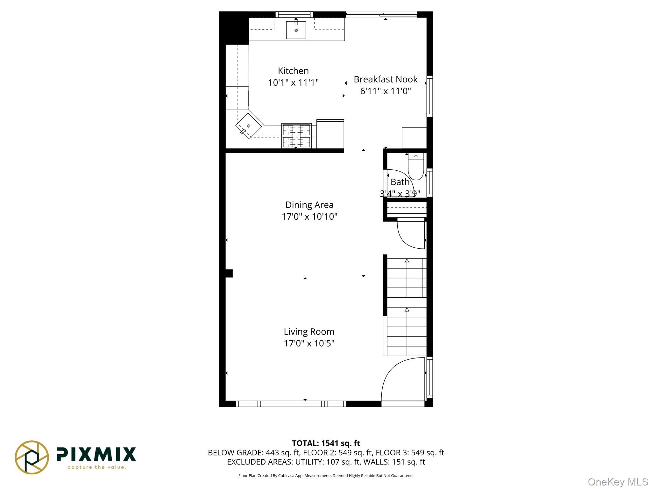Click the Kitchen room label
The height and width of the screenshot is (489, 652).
coord(293,71)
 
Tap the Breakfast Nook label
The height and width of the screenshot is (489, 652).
coord(385,79)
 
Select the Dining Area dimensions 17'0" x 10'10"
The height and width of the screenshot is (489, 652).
coord(309,217)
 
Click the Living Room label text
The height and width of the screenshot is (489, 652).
coord(309,332)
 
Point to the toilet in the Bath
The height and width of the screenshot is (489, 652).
coord(416,167)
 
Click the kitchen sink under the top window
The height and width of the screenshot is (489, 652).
coord(296,30)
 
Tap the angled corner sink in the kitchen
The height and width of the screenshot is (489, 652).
coord(249,126)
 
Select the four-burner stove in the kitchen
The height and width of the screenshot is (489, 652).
coord(296,136)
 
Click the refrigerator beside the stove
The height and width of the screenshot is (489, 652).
coord(330,134)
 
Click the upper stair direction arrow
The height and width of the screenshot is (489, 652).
coord(407,261)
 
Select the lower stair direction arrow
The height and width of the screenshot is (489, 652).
coord(407,310)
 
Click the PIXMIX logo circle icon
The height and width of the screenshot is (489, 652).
coord(32,457)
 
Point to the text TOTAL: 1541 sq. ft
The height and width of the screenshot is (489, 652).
coord(326,443)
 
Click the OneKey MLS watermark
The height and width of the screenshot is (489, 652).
coord(618,482)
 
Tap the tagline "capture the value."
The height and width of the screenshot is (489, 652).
coord(97,467)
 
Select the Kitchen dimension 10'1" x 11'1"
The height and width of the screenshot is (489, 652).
coord(293,83)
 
